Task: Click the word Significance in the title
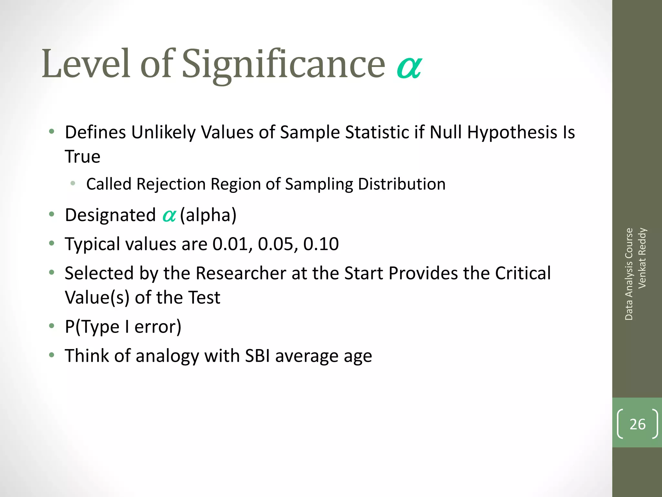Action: point(283,64)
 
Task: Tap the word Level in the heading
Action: point(86,63)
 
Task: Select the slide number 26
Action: point(637,424)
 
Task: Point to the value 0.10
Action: point(321,244)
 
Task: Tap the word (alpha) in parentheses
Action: point(208,215)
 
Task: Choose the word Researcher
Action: point(241,273)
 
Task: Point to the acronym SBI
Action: point(257,356)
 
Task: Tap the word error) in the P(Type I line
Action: point(158,327)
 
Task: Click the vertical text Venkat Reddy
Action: point(642,258)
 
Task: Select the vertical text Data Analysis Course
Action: point(629,274)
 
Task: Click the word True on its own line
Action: point(82,157)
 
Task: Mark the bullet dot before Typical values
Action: point(52,243)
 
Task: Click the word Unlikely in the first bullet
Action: point(164,133)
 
